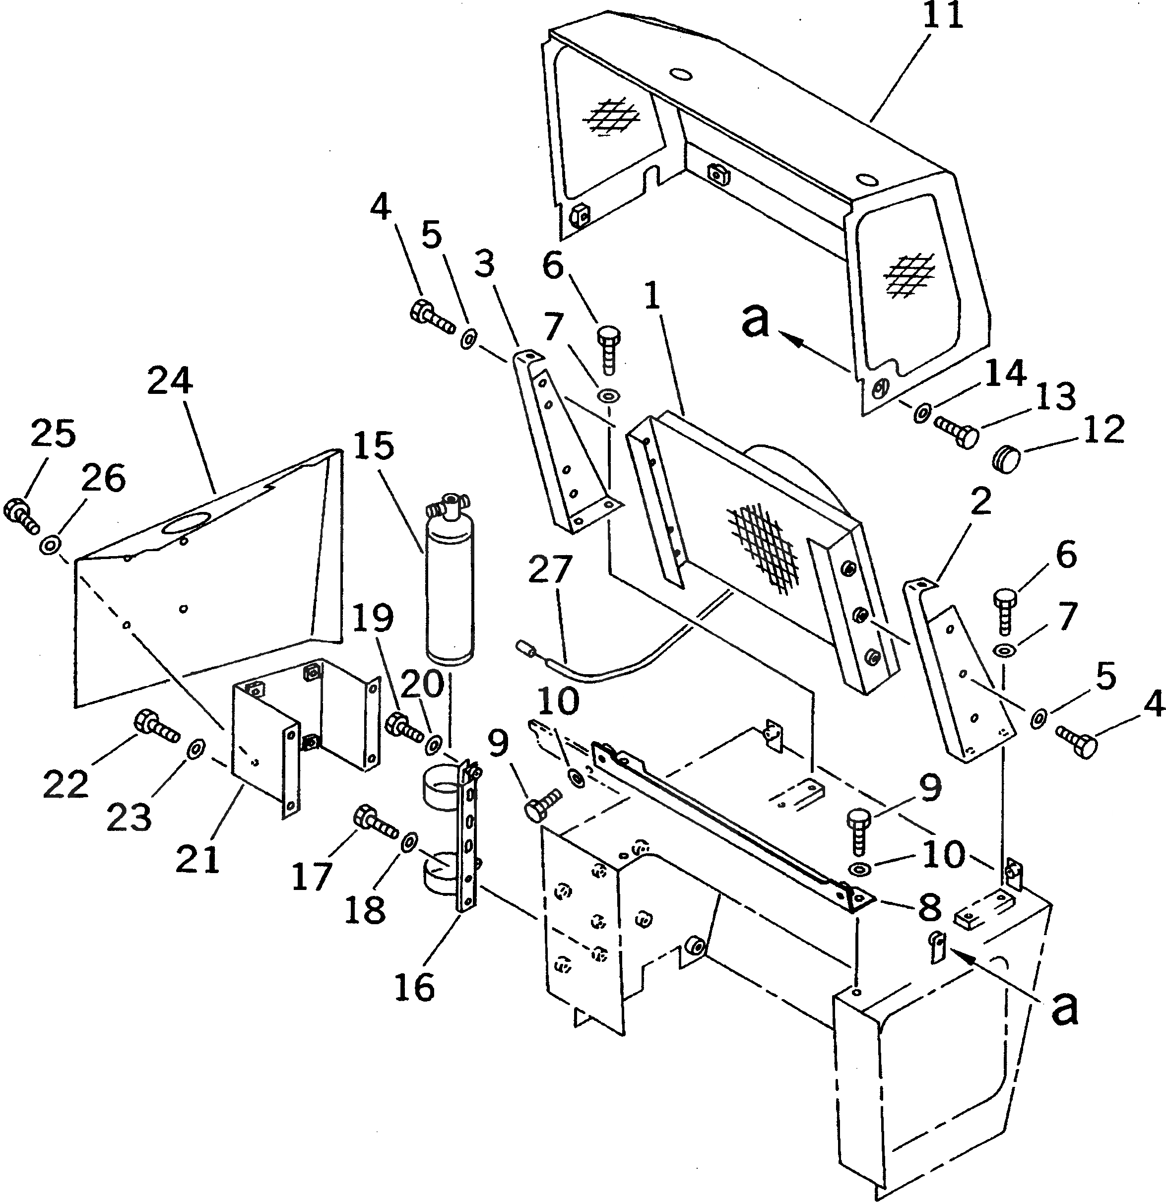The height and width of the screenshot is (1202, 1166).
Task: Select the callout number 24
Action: click(x=170, y=381)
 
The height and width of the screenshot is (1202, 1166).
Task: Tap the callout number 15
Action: click(x=374, y=446)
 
